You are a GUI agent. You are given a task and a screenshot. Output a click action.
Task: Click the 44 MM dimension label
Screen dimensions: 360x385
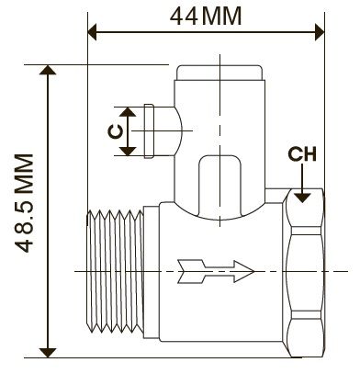click(206, 17)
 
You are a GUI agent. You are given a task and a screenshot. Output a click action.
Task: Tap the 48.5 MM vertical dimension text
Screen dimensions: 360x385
click(24, 203)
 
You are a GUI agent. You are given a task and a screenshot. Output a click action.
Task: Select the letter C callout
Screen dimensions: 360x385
click(116, 131)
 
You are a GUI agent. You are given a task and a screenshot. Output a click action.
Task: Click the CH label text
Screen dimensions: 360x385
click(302, 154)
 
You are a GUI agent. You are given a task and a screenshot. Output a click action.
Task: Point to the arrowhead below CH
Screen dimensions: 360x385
click(302, 198)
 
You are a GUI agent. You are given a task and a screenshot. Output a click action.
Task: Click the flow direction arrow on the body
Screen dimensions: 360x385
click(216, 271)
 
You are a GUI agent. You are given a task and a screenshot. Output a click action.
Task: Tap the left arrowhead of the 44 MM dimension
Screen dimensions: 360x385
click(92, 31)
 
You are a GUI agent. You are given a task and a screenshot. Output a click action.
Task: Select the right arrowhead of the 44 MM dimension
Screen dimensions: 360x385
click(320, 31)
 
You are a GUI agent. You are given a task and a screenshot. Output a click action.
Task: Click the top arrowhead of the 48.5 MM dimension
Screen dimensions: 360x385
click(48, 70)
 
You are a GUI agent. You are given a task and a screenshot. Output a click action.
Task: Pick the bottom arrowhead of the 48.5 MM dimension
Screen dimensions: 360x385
click(48, 353)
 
